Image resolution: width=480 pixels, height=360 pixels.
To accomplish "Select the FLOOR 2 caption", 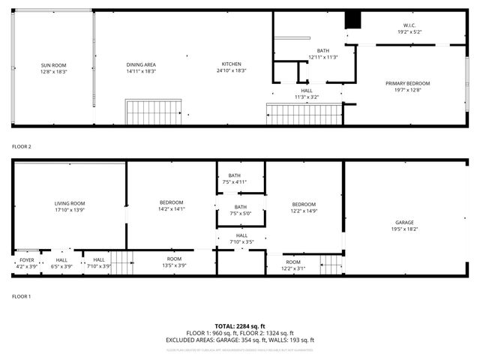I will [21, 146].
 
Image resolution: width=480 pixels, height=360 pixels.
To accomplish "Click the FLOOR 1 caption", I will [21, 297].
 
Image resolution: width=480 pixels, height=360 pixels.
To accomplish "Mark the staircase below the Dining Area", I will [153, 113].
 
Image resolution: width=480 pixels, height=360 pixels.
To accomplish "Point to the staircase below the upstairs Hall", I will [304, 115].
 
